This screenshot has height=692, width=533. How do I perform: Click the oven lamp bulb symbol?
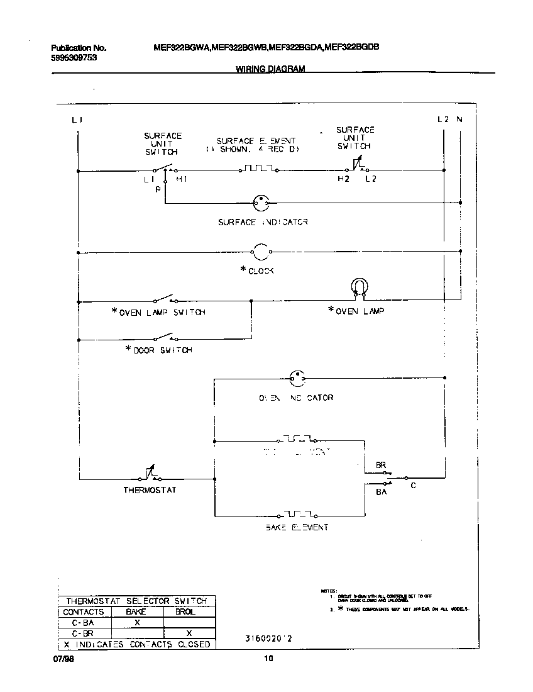pos(358,287)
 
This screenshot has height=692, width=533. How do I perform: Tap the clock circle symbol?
pos(261,252)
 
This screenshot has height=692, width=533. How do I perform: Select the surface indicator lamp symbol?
pos(261,203)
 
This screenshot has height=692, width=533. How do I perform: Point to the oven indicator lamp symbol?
pos(296,378)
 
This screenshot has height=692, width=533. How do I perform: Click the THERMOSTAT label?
pos(150,490)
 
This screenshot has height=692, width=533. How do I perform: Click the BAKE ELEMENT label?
pos(297,527)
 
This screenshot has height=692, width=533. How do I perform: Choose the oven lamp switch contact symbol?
pos(165,299)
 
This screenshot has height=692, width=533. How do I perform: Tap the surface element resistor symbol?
pos(258,169)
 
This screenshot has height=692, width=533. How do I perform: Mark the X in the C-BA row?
pos(136,622)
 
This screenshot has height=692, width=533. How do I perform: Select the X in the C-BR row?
pos(189,632)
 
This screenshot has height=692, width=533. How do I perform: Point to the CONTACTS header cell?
pos(84,611)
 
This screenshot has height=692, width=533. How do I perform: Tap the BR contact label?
pos(380,465)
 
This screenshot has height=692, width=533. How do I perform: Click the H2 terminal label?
pos(343,180)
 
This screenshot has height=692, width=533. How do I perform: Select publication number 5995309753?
pos(74,57)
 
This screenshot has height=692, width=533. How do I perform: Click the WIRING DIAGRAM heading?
pos(270,69)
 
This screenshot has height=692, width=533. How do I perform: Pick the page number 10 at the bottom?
pos(268,659)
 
